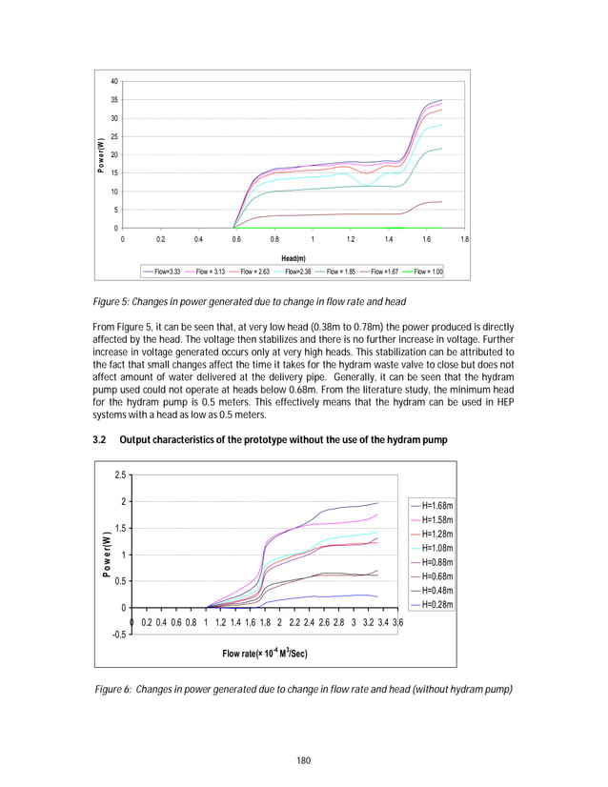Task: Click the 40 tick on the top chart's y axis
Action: (114, 81)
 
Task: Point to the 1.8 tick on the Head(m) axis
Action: (464, 239)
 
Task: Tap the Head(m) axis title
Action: (294, 257)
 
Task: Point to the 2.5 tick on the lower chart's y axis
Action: (118, 474)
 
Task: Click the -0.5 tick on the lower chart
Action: (115, 634)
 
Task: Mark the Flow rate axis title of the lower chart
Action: (265, 653)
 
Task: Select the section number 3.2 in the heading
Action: (99, 439)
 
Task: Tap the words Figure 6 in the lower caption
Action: (113, 687)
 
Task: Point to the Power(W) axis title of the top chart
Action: (100, 155)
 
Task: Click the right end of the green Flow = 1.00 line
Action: (442, 228)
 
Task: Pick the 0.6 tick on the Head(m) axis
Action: (235, 239)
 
